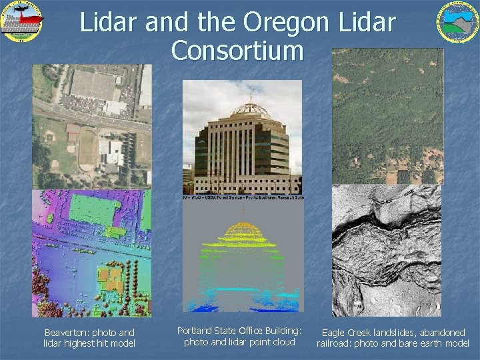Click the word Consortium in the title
[237, 51]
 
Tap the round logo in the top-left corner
[21, 20]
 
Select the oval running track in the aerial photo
[87, 147]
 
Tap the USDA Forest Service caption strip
[243, 198]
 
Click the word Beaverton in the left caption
[67, 333]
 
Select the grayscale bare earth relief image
[387, 250]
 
